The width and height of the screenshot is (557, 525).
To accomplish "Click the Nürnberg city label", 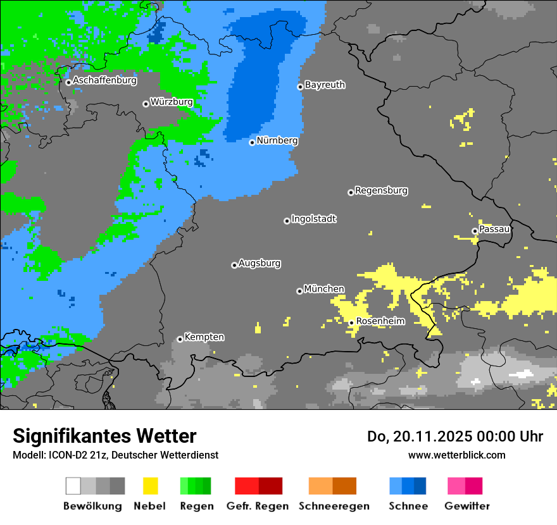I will click(x=277, y=140).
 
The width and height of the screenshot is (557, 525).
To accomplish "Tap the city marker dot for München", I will click(x=299, y=291).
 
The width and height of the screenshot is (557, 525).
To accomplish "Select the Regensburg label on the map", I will click(x=381, y=190).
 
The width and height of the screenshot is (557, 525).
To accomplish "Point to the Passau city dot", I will click(x=475, y=231).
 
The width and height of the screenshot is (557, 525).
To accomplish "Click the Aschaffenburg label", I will click(x=104, y=80).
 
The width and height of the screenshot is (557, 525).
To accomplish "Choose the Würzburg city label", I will click(x=172, y=102).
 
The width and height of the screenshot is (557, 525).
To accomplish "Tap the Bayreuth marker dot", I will click(x=300, y=87).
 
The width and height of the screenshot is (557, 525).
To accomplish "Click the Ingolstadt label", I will click(x=314, y=219).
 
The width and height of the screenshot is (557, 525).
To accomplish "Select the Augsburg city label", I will click(x=260, y=263).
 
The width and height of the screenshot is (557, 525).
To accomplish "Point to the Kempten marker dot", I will click(x=180, y=339).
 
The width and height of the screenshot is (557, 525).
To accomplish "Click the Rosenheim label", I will click(x=380, y=321).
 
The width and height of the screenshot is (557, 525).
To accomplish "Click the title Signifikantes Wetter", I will click(x=104, y=436).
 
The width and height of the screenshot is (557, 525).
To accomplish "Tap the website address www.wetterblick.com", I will click(x=456, y=455).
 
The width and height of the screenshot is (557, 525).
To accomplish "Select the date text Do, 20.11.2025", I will click(x=420, y=436).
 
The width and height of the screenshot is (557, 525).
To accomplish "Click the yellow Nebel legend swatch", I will click(x=151, y=486).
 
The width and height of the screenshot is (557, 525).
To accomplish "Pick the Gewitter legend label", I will click(x=466, y=506).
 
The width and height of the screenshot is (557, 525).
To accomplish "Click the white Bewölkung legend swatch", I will click(x=73, y=486).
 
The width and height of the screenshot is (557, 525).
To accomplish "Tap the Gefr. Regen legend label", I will click(x=258, y=506).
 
